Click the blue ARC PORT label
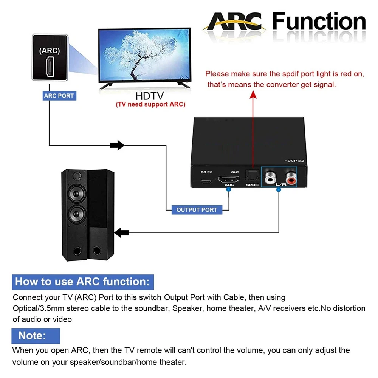pos(59,96)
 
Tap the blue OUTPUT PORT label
pos(197,209)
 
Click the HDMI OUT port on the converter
pos(228,179)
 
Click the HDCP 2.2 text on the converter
pos(294,161)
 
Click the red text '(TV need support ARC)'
pos(150,104)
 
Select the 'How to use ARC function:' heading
pos(82,282)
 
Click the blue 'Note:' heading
pos(33,335)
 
